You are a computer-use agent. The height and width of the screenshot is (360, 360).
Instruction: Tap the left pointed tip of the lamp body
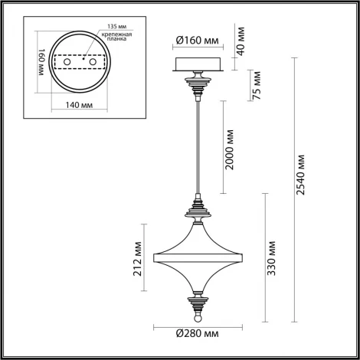(x=156, y=254)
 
